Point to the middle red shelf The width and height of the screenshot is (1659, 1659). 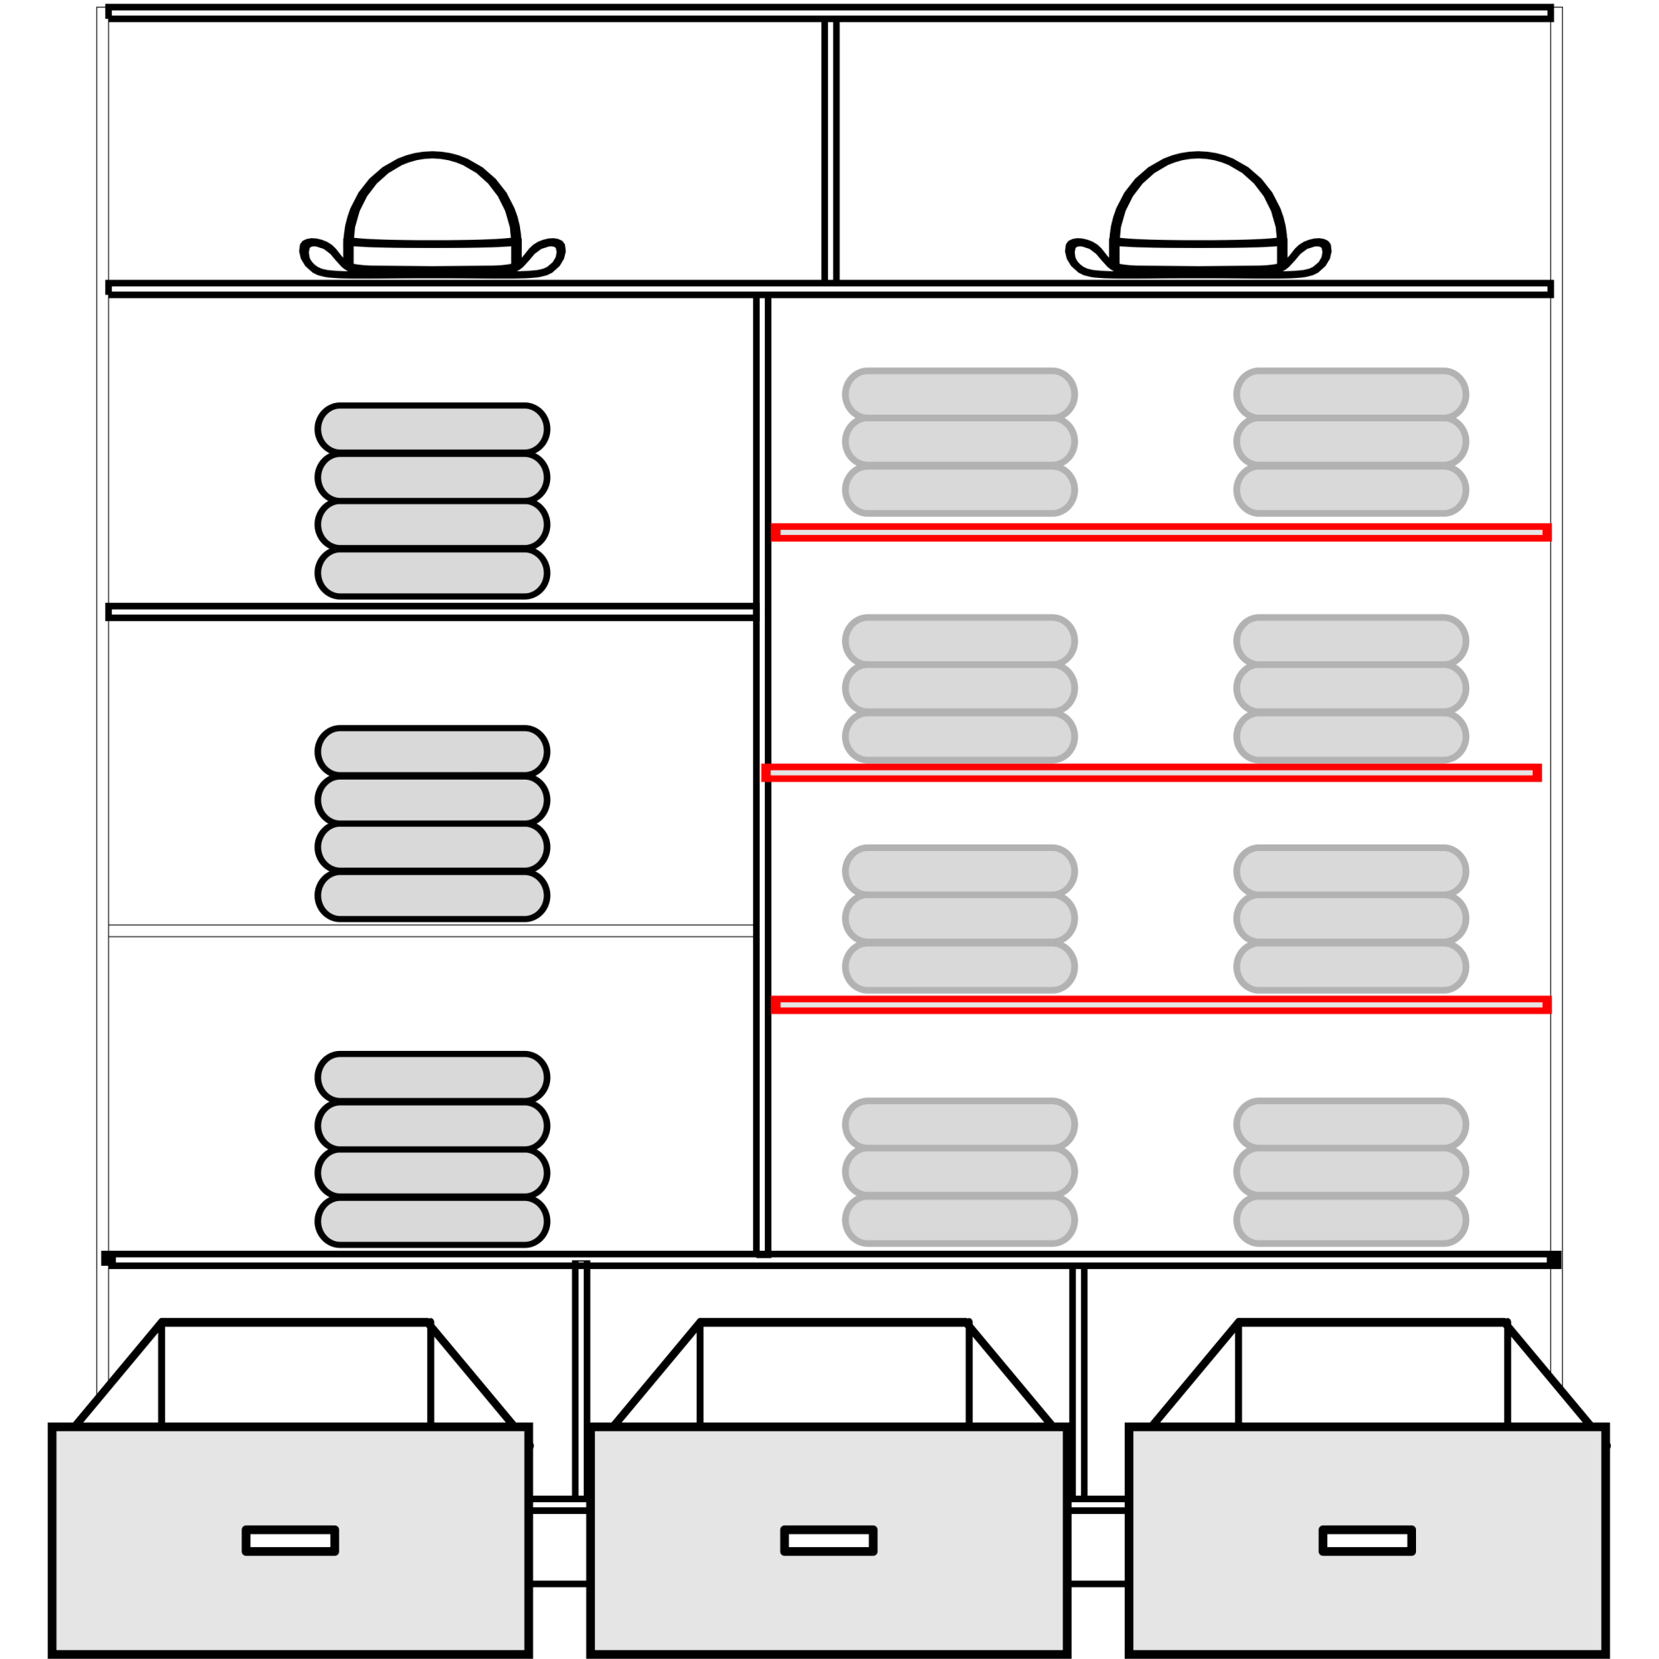tap(1151, 773)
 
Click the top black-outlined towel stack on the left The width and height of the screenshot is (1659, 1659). tap(432, 501)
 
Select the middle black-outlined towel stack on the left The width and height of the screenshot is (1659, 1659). tap(432, 824)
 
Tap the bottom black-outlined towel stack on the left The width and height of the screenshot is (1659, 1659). tap(432, 1149)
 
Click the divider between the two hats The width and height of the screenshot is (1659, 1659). tap(829, 150)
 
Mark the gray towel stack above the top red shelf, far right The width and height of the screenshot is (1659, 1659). tap(1350, 442)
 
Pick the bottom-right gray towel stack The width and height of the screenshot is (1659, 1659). tap(1350, 1172)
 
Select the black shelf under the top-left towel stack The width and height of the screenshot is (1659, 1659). tap(430, 611)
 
